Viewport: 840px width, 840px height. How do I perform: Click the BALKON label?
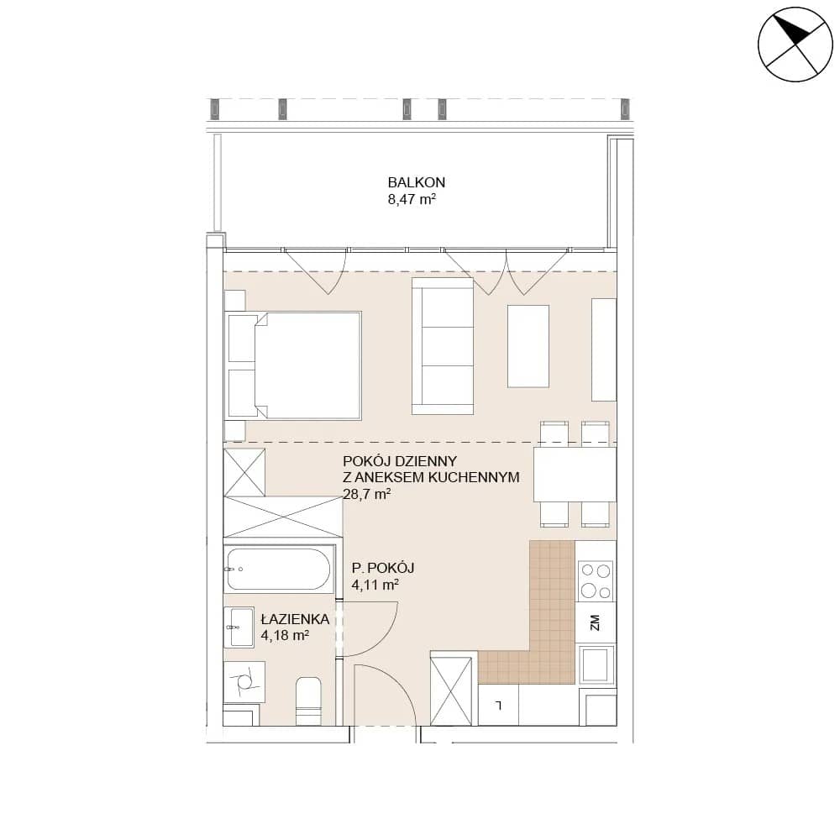coord(417,182)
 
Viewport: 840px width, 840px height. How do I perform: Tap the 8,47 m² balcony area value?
coord(412,200)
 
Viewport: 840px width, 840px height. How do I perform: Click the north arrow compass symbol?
coord(795,45)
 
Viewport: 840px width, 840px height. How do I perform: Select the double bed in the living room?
coord(294,365)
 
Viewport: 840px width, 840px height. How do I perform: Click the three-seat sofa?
coord(443,345)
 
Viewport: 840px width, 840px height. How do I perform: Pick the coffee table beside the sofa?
coord(528,345)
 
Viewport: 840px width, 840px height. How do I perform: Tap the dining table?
coord(575,474)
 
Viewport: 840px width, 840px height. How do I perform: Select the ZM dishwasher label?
coord(594,622)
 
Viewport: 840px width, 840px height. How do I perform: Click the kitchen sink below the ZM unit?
coord(596,664)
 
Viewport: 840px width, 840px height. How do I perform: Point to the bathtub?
coord(277,569)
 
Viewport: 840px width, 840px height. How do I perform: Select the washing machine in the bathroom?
coord(244,681)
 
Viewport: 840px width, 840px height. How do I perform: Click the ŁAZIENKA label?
coord(295,619)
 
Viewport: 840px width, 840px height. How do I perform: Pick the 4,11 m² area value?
coord(375,585)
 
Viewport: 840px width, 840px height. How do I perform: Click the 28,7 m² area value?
coord(366,493)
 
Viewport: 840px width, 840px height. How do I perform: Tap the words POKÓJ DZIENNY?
coord(400,460)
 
